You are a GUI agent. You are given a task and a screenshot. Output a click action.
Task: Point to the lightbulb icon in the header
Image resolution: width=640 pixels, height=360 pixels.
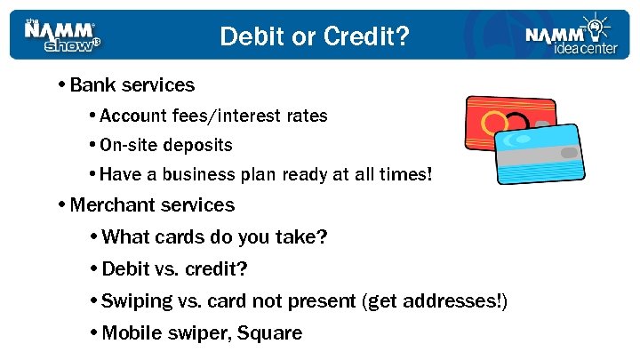(592, 25)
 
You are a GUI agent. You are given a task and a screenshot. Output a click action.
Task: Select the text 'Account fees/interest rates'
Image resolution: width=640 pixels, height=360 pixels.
(214, 116)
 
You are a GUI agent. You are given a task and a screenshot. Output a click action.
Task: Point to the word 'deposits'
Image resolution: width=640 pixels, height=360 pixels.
(202, 145)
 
